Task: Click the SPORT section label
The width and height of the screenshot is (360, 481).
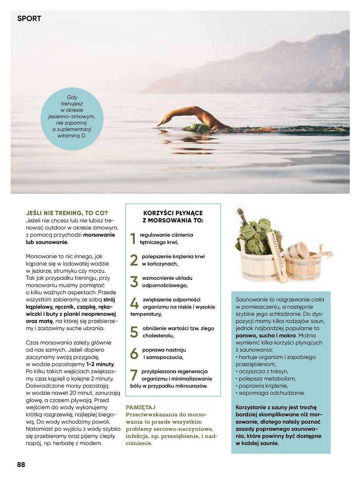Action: pyautogui.click(x=29, y=19)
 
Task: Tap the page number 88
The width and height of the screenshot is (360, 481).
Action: pyautogui.click(x=21, y=465)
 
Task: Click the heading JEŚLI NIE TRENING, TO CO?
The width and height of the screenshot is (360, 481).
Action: pyautogui.click(x=67, y=213)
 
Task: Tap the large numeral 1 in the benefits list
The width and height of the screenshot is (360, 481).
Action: pyautogui.click(x=134, y=239)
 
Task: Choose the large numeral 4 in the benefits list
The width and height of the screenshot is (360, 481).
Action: pyautogui.click(x=134, y=303)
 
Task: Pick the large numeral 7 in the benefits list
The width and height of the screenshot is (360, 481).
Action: pyautogui.click(x=134, y=375)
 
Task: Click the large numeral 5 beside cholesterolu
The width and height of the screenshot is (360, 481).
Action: pyautogui.click(x=134, y=332)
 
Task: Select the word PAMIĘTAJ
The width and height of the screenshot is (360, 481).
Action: pyautogui.click(x=141, y=407)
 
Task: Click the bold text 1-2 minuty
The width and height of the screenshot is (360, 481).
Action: pyautogui.click(x=100, y=364)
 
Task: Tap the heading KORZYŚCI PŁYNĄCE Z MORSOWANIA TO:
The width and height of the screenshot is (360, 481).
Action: pyautogui.click(x=173, y=217)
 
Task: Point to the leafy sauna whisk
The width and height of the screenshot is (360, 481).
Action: pyautogui.click(x=254, y=234)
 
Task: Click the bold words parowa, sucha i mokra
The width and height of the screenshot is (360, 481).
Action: pyautogui.click(x=266, y=335)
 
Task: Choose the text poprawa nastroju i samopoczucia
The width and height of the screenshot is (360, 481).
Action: pyautogui.click(x=164, y=354)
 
